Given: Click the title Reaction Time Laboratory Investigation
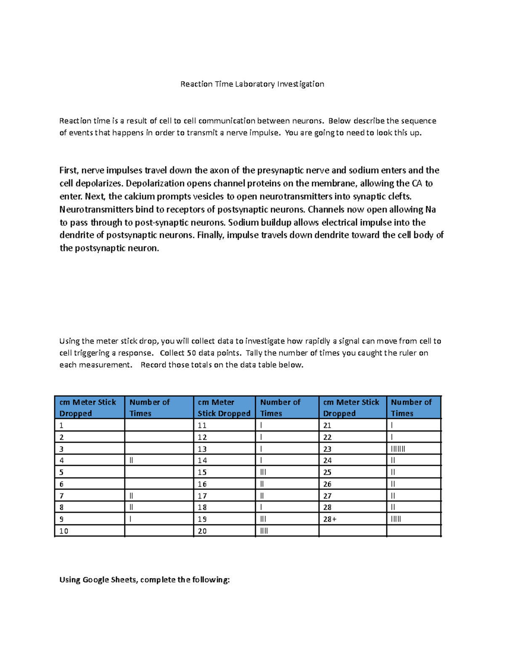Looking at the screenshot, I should (252, 84).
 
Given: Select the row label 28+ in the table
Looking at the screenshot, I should (330, 519).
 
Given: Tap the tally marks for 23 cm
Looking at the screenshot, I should (398, 449).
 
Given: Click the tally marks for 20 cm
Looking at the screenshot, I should (264, 531).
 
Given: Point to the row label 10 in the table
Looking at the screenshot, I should (64, 531).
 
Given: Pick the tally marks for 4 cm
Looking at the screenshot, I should (131, 460).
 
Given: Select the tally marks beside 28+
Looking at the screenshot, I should (396, 519).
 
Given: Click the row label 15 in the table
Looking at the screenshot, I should (202, 472).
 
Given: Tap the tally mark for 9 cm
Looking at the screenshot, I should (130, 519).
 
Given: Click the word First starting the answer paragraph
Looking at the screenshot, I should (69, 170).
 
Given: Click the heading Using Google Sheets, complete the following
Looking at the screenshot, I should (144, 580).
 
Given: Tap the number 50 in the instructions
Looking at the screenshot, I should (191, 353).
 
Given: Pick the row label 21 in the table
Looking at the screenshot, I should (327, 425).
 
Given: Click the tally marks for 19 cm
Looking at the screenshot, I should (263, 519).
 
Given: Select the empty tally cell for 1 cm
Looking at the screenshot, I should (159, 425).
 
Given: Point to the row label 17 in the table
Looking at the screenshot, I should (202, 496).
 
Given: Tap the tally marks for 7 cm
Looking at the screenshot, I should (131, 496).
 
